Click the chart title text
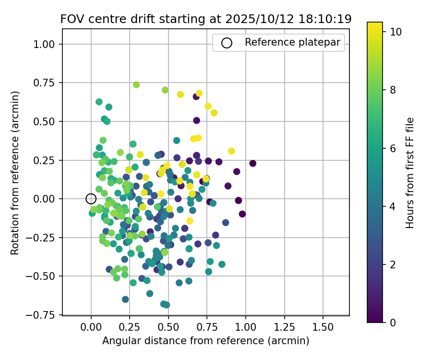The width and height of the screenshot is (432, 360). pyautogui.click(x=206, y=19)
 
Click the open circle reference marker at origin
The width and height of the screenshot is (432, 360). pyautogui.click(x=91, y=199)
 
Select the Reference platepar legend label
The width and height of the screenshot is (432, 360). pyautogui.click(x=292, y=42)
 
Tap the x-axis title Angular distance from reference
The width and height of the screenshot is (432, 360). pyautogui.click(x=205, y=341)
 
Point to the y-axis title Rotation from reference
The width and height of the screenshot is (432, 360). pyautogui.click(x=15, y=173)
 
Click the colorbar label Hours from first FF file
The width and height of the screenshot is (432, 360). pyautogui.click(x=409, y=173)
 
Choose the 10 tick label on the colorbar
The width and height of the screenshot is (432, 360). pyautogui.click(x=396, y=32)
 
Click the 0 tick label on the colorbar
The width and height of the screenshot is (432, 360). pyautogui.click(x=393, y=322)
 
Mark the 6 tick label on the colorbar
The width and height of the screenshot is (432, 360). pyautogui.click(x=393, y=148)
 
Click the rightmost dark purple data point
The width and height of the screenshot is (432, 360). pyautogui.click(x=252, y=163)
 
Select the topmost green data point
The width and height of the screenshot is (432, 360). pyautogui.click(x=136, y=84)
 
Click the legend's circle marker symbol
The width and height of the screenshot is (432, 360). pyautogui.click(x=227, y=43)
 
